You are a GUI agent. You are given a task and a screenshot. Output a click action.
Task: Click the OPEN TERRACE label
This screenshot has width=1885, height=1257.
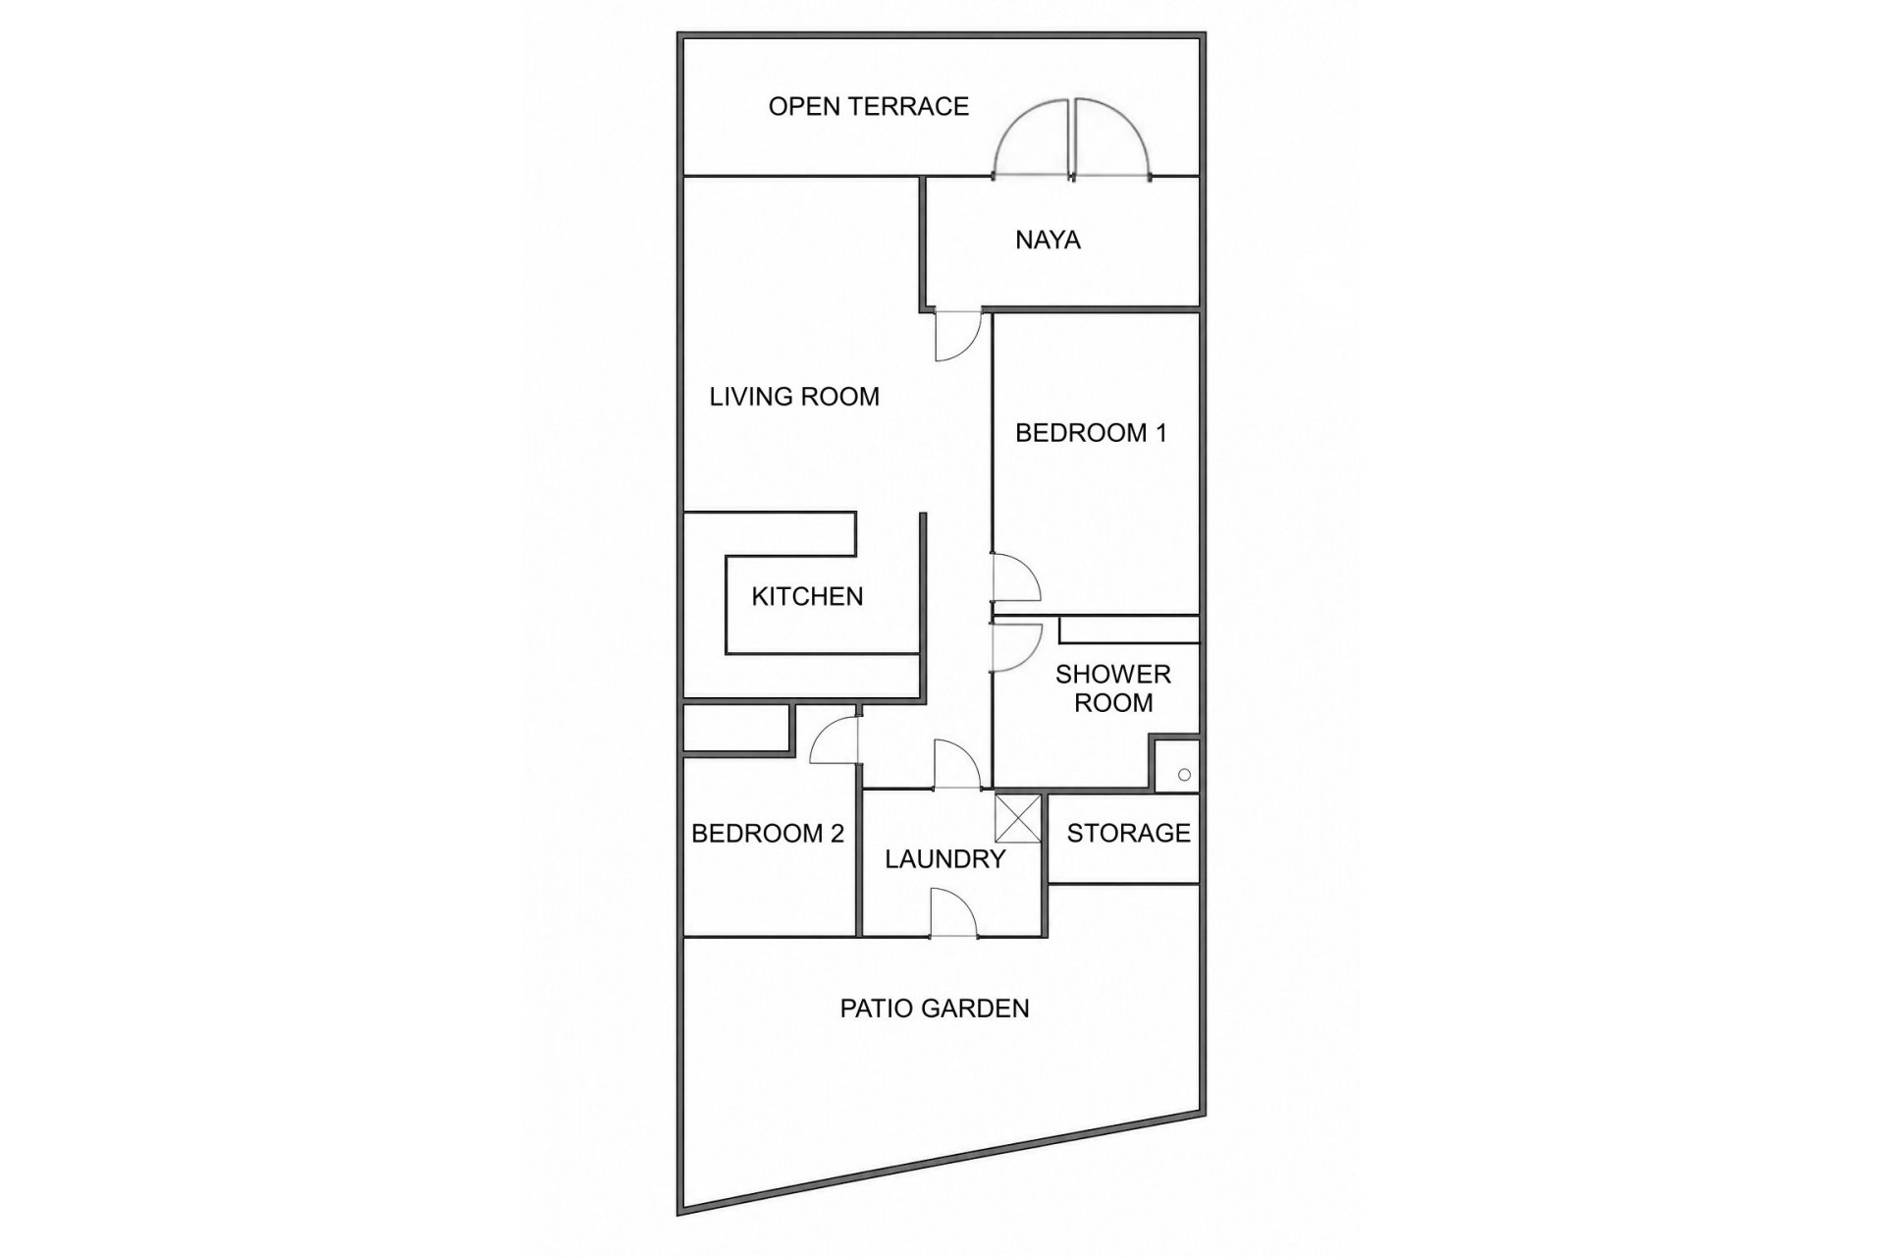tap(868, 106)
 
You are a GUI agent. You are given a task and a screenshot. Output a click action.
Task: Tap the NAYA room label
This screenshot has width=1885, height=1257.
tap(1048, 240)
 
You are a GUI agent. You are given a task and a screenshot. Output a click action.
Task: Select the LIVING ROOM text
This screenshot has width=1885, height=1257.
tap(794, 397)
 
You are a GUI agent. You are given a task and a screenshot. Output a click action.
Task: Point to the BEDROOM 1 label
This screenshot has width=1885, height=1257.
tap(1091, 433)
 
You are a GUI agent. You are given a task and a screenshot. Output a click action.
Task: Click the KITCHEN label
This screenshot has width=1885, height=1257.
tap(807, 596)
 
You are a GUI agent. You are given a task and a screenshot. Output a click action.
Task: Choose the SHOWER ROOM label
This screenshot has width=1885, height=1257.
tap(1113, 688)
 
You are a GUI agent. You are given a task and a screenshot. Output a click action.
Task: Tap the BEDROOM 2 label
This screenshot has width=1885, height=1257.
tap(768, 834)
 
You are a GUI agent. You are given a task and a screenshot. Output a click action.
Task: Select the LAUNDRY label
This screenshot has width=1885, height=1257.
tap(945, 859)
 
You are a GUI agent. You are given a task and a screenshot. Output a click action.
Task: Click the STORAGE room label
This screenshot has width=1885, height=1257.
tap(1128, 833)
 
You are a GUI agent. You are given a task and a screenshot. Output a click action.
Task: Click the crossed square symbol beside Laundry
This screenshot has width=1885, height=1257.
tap(1018, 818)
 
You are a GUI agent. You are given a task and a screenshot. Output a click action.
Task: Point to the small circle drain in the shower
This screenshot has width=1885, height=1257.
tap(1184, 775)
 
